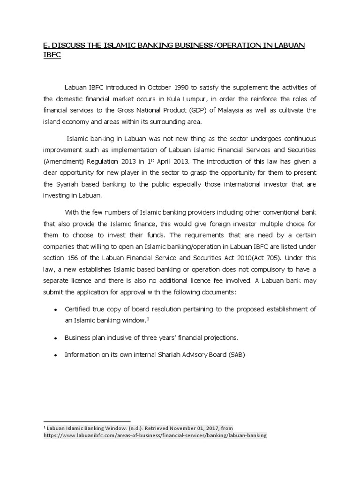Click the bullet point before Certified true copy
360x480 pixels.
[56, 310]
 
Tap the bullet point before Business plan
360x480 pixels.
[56, 338]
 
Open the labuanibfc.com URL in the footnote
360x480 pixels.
[155, 435]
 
